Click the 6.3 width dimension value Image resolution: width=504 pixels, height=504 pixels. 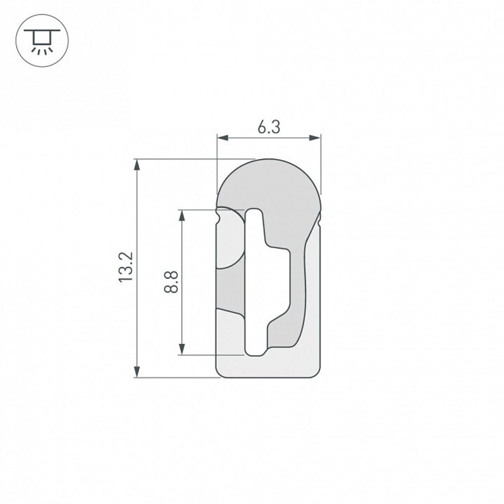point(269,128)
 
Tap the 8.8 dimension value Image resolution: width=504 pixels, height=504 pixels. point(171,282)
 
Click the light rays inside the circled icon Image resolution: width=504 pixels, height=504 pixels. point(42,49)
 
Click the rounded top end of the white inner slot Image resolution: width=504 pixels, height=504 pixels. point(254,212)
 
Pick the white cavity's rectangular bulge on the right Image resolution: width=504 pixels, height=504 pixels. point(280,282)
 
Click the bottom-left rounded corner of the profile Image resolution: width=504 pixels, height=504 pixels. point(219,373)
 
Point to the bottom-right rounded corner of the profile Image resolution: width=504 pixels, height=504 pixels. point(317,373)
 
